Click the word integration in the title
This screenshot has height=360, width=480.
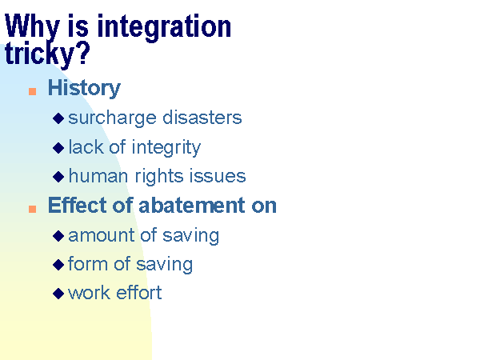coord(164,27)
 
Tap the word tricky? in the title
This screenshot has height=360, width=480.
coord(47,54)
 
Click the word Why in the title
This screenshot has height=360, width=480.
coord(31,27)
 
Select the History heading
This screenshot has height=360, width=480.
coord(84,88)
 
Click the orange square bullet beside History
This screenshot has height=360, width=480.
coord(33,91)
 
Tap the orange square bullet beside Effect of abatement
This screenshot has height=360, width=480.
coord(33,209)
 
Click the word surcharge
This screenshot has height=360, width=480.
coord(112,118)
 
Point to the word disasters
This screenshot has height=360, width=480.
coord(202,118)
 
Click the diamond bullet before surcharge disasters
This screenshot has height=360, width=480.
coord(58,118)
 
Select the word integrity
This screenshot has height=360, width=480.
coord(166,147)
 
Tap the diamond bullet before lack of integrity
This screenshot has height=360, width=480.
coord(58,148)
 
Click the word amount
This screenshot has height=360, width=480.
coord(102,235)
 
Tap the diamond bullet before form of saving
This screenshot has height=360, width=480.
coord(58,265)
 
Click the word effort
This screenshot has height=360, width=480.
coord(139,292)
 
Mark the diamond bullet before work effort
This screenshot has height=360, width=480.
coord(58,294)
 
